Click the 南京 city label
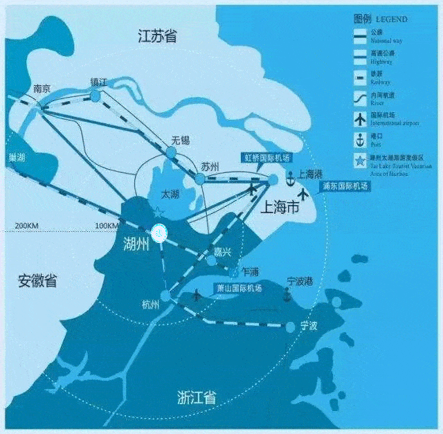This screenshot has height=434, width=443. pos(42,89)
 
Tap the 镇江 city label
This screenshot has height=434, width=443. pos(99,81)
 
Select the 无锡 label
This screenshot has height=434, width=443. pos(180,141)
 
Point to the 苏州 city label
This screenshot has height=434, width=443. pos(210,167)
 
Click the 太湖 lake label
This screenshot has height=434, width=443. pos(170,195)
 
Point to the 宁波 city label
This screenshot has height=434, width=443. pos(308,325)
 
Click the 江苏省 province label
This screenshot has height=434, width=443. pos(157,36)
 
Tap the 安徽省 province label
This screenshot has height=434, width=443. pos(37,281)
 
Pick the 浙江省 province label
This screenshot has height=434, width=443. pos(197,397)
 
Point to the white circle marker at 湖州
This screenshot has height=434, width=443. pos(159,233)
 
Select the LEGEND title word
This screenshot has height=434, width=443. pos(391,19)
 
